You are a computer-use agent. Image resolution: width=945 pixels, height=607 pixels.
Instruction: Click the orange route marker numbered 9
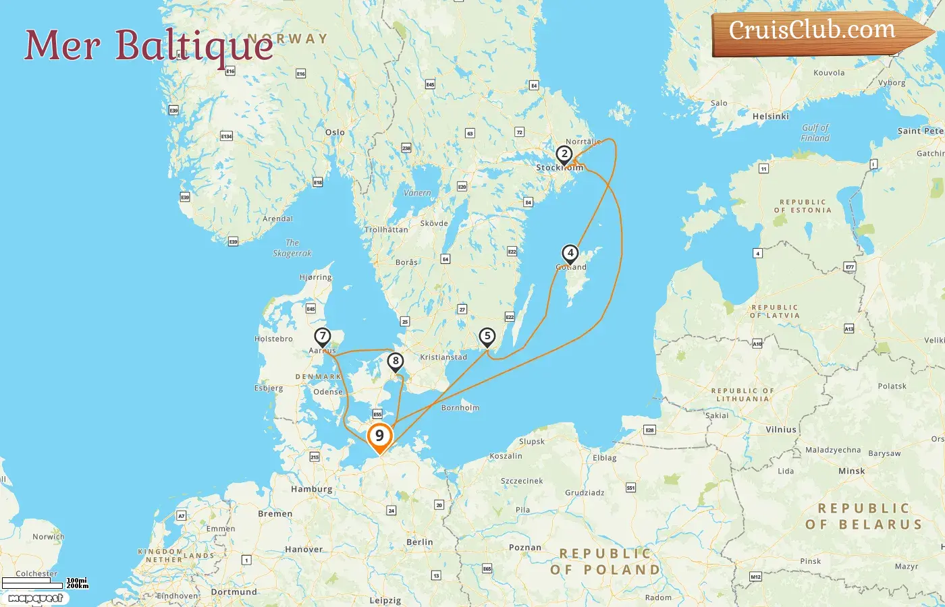379,436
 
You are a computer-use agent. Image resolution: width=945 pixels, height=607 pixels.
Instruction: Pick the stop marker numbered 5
487,337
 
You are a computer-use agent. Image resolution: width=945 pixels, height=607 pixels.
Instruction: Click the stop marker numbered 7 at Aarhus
323,337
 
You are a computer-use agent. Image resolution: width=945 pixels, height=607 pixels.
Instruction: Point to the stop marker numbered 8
396,362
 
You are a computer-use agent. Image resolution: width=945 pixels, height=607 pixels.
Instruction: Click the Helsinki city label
770,117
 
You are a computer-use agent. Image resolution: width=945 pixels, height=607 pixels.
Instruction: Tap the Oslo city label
335,132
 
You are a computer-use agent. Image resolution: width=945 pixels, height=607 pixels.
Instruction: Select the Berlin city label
419,542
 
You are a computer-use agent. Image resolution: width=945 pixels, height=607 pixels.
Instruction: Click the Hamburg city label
311,489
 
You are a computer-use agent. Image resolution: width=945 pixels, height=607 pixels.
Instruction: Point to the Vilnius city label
781,430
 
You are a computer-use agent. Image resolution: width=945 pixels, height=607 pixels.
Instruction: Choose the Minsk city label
851,471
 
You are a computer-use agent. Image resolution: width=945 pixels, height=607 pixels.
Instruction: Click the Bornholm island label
460,408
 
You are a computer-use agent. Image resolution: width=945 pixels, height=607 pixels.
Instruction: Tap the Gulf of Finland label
815,132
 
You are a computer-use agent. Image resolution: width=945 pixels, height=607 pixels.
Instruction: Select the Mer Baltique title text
148,46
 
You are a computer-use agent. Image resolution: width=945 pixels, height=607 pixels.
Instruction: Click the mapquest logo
35,598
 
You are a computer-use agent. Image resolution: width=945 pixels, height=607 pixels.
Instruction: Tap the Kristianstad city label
443,357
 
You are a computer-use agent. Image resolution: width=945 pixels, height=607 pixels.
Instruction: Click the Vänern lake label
417,193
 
